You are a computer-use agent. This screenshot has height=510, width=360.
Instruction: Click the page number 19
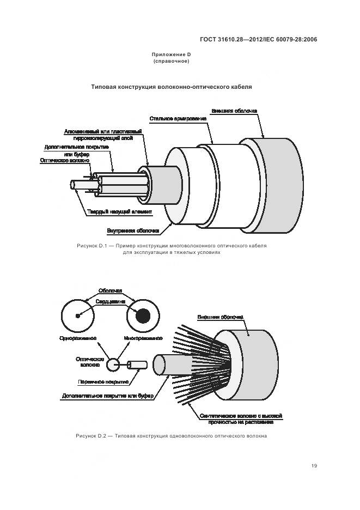pyautogui.click(x=314, y=465)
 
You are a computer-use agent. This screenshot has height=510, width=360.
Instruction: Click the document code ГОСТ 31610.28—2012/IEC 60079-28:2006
pyautogui.click(x=258, y=40)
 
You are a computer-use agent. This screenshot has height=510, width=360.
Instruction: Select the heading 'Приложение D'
pyautogui.click(x=172, y=55)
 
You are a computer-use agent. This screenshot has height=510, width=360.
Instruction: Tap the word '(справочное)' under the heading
pyautogui.click(x=172, y=62)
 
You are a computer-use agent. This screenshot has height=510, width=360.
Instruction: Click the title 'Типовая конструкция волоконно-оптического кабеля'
pyautogui.click(x=172, y=87)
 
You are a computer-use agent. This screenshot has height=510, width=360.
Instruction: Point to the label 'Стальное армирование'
pyautogui.click(x=178, y=118)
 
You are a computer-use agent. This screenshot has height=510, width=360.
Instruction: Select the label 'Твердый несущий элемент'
pyautogui.click(x=119, y=211)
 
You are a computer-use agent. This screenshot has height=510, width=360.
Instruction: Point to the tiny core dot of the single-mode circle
pyautogui.click(x=78, y=316)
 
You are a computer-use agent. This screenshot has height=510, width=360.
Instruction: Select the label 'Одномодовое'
pyautogui.click(x=78, y=338)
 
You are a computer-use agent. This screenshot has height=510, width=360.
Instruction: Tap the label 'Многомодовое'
pyautogui.click(x=143, y=338)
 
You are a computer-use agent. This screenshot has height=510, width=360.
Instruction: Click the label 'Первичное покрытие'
pyautogui.click(x=103, y=382)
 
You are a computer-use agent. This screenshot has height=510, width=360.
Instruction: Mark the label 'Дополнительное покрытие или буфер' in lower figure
pyautogui.click(x=108, y=396)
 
